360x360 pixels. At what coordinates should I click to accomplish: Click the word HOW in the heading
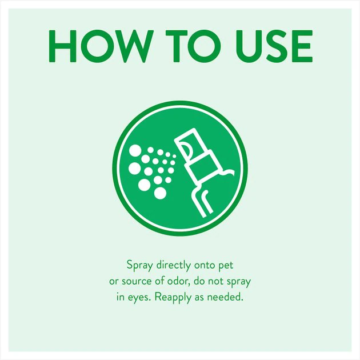(x=101, y=46)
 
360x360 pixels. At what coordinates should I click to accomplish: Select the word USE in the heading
(x=274, y=46)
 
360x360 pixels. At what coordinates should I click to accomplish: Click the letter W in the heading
(x=133, y=46)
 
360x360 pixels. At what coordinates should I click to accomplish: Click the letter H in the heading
(x=62, y=46)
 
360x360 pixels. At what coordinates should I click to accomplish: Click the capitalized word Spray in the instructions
(x=139, y=266)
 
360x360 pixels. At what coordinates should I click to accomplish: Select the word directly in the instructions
(x=174, y=265)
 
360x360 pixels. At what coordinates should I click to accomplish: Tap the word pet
(x=226, y=266)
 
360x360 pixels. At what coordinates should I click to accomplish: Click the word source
(x=136, y=282)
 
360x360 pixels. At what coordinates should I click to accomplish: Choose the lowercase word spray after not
(x=239, y=282)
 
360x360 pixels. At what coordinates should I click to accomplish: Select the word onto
(x=204, y=266)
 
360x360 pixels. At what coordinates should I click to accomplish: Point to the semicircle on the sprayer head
(x=186, y=150)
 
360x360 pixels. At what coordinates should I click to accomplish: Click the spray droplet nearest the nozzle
(x=174, y=157)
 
